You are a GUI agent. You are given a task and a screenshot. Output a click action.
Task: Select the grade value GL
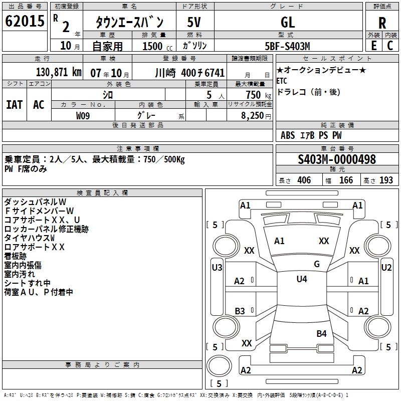(x=288, y=22)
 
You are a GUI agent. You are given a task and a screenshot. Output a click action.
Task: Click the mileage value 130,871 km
(x=59, y=72)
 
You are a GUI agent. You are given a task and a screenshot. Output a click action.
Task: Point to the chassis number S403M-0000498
(x=337, y=159)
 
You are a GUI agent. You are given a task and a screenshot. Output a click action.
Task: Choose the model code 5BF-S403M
(x=288, y=46)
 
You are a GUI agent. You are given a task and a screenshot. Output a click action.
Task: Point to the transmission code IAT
(x=14, y=105)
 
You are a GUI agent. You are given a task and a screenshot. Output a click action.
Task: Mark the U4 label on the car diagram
(x=302, y=279)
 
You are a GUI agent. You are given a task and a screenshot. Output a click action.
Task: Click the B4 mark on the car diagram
(x=321, y=333)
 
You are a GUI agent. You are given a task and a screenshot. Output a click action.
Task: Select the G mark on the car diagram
(x=317, y=264)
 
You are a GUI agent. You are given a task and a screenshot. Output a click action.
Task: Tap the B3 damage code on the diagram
(x=240, y=311)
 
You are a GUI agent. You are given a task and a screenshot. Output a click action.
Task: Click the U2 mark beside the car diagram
(x=386, y=268)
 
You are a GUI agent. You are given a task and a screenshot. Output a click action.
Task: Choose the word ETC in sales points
(x=282, y=80)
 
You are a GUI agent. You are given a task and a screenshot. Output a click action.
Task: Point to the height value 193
(x=386, y=180)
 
